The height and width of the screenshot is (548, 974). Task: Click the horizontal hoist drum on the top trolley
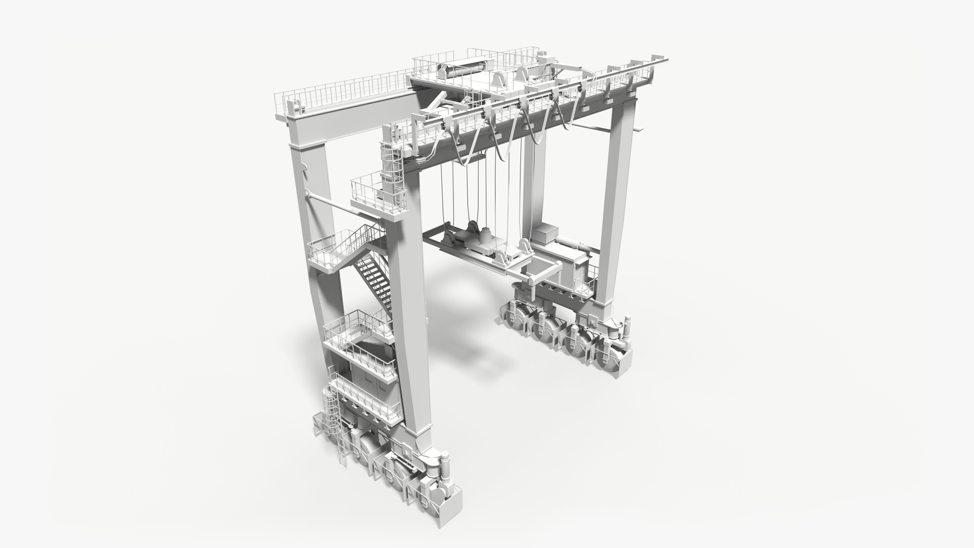(x=464, y=68)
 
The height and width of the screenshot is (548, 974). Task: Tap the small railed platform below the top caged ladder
(x=375, y=195)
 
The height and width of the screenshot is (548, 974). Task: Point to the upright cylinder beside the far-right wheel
(x=627, y=327)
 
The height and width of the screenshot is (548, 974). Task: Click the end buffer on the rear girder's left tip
(x=294, y=108)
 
